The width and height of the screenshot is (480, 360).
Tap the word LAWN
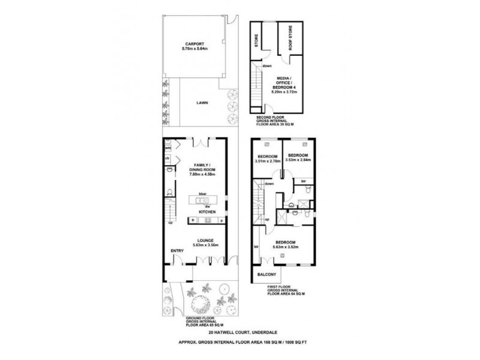point(202,103)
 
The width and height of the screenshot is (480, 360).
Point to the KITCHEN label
point(207,212)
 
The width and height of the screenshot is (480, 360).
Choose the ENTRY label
point(177,251)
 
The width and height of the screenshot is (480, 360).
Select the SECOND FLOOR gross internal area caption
point(273,121)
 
